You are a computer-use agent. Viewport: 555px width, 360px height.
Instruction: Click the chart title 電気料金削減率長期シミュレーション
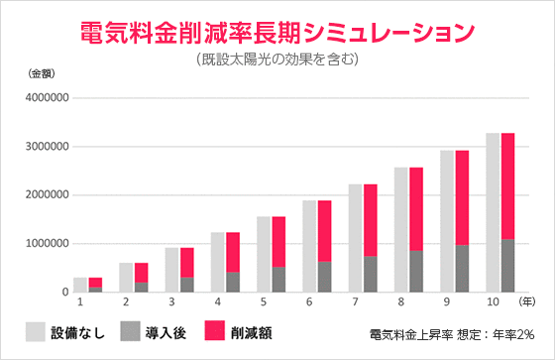[277, 31]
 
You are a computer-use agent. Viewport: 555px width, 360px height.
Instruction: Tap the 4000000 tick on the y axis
[43, 98]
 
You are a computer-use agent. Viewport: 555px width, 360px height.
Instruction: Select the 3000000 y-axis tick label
[43, 147]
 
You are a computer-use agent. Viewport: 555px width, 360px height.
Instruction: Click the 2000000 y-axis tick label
[43, 195]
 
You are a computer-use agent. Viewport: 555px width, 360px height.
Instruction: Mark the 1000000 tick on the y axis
[43, 244]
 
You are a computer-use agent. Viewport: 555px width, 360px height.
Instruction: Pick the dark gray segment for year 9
[462, 269]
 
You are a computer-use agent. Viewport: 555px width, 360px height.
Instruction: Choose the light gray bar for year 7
[355, 238]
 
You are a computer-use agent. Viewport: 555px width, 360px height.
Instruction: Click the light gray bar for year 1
[80, 285]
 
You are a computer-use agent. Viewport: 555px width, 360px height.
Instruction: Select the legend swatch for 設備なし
[37, 331]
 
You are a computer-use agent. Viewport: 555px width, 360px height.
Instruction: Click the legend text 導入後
[165, 332]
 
